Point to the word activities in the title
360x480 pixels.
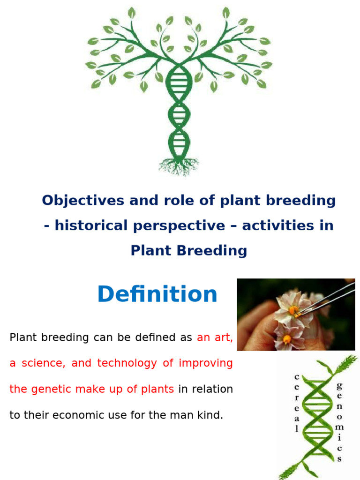pyautogui.click(x=278, y=225)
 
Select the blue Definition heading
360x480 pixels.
pyautogui.click(x=157, y=294)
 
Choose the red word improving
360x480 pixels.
pyautogui.click(x=207, y=363)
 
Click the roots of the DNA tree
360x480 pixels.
pyautogui.click(x=179, y=165)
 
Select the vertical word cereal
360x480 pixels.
pyautogui.click(x=296, y=403)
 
